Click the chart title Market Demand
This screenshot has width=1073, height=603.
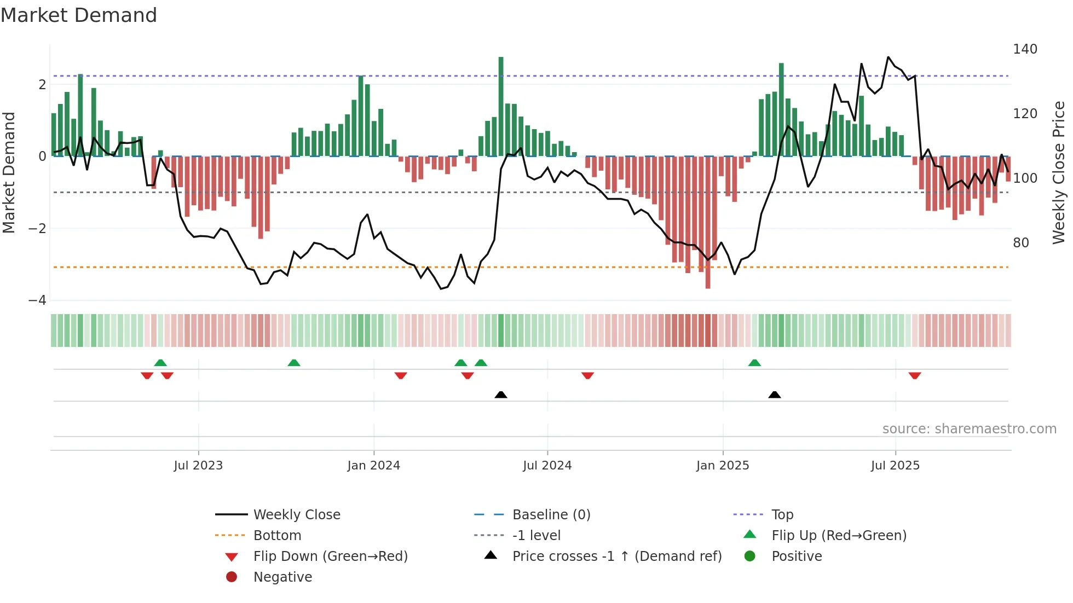(79, 15)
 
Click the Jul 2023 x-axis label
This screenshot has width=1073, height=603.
(198, 466)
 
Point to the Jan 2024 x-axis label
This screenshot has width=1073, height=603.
(373, 466)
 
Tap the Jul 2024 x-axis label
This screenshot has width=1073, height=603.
(547, 466)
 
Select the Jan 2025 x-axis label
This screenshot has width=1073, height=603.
(723, 466)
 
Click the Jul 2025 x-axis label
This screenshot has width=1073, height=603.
(895, 466)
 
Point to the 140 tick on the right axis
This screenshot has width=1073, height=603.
(1025, 49)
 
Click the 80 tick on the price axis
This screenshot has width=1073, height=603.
(1020, 243)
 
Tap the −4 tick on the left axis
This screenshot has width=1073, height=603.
(37, 300)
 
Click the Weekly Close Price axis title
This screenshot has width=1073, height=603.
(1059, 172)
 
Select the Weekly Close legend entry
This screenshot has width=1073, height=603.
(296, 515)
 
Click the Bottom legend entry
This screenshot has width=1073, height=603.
(277, 536)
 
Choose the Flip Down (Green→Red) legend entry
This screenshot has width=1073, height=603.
(330, 556)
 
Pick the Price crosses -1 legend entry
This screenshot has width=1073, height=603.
(616, 556)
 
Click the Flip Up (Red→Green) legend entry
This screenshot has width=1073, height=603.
(839, 536)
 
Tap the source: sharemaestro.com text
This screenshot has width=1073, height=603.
(969, 429)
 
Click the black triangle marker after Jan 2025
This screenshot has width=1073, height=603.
(774, 395)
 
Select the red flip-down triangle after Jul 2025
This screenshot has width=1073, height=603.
(915, 375)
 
